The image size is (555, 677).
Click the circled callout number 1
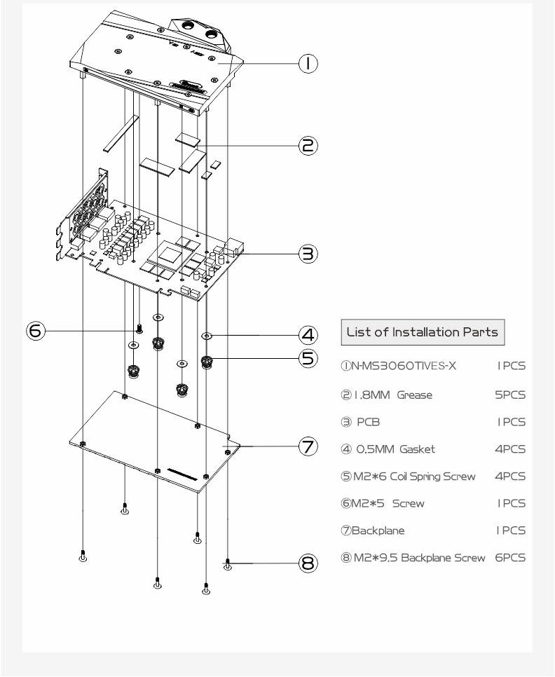308,64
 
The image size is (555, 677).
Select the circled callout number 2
308,146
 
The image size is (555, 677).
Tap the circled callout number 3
308,254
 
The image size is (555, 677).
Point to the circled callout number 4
308,335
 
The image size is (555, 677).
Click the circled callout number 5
308,358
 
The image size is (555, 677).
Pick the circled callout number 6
36,331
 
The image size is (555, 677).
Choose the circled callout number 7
308,446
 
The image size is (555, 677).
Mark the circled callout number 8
308,563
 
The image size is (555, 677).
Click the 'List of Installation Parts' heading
423,332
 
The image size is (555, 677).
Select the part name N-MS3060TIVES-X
404,366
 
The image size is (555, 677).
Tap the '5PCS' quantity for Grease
510,395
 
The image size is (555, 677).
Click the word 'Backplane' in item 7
378,531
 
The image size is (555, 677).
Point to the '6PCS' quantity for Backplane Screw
510,557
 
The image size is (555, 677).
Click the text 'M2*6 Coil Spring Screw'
414,477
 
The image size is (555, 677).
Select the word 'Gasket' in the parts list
417,449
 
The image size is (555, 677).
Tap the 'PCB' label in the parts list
368,422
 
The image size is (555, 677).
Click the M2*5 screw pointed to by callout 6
139,328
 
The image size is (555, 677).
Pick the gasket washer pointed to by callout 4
207,336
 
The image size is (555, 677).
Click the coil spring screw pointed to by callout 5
207,362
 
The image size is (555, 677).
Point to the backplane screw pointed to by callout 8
228,564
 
